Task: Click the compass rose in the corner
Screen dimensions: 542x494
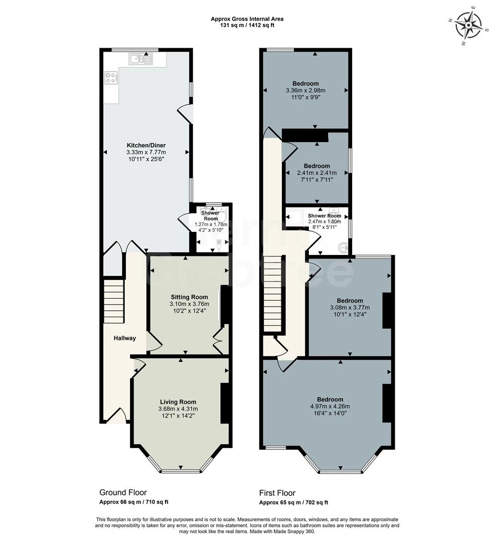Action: point(470,25)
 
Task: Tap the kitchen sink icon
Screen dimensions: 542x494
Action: point(140,59)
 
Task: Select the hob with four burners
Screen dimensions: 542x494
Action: point(111,78)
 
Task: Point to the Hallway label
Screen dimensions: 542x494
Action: point(124,338)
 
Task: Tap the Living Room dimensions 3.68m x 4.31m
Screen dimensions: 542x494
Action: point(178,409)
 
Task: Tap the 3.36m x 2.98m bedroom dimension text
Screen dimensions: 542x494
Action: point(305,91)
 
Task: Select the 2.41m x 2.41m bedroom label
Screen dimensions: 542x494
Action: point(317,166)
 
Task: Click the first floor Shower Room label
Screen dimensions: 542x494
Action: point(324,216)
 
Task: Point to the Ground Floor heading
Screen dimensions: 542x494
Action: point(123,492)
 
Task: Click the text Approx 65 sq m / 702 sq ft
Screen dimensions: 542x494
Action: point(293,502)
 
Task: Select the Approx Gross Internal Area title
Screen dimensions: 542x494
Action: point(247,19)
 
